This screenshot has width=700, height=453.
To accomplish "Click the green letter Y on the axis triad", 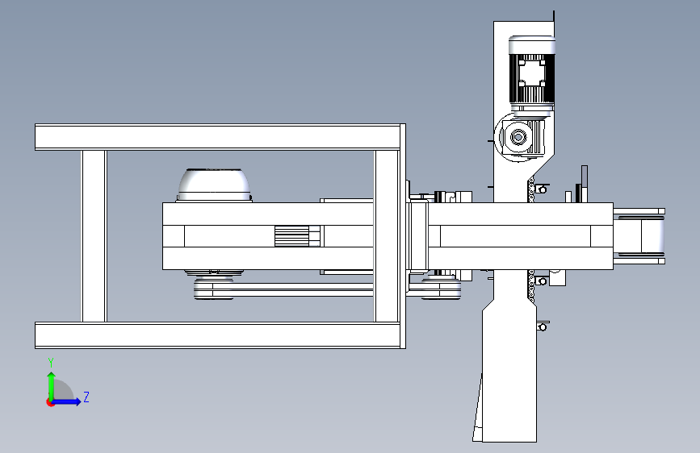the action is click(x=51, y=363).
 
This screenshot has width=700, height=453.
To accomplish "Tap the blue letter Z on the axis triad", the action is click(x=86, y=397).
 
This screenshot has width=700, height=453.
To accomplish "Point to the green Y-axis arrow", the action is click(x=52, y=386).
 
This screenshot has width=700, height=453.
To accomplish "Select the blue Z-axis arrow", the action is click(x=65, y=401).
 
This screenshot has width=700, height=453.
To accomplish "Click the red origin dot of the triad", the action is click(x=50, y=402).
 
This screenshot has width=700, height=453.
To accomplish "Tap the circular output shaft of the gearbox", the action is click(x=518, y=137).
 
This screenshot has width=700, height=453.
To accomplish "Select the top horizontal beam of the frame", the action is click(x=220, y=137).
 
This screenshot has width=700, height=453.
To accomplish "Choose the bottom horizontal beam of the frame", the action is click(x=220, y=335).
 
